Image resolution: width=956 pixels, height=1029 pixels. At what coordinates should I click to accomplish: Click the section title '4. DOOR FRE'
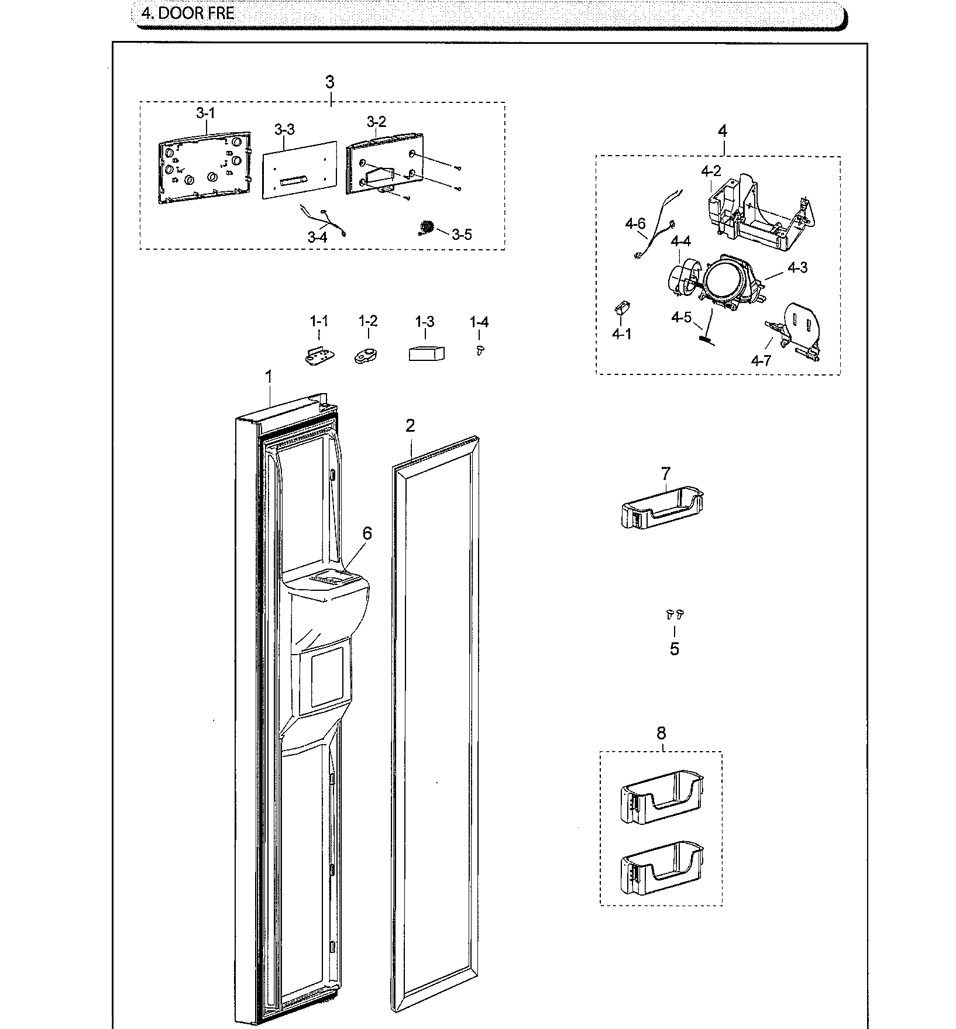pos(187,13)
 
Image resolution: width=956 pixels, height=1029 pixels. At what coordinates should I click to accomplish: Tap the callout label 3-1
pos(205,113)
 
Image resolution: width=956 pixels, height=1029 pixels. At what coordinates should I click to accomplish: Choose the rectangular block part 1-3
pos(426,353)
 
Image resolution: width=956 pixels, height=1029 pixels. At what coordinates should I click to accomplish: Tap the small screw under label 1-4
pos(480,350)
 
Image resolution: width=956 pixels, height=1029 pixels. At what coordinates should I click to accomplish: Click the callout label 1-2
pos(368,321)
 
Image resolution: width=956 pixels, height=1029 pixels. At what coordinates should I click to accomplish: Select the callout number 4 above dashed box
pos(722,131)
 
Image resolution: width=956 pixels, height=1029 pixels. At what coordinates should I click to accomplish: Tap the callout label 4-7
pos(762,360)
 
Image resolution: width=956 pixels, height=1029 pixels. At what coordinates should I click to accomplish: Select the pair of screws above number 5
pos(675,614)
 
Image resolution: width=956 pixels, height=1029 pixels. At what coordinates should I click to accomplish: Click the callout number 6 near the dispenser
pos(367,533)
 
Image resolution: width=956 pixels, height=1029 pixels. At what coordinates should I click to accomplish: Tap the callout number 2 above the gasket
pos(410,426)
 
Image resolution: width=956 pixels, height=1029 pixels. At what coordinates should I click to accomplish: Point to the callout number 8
pos(661,733)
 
